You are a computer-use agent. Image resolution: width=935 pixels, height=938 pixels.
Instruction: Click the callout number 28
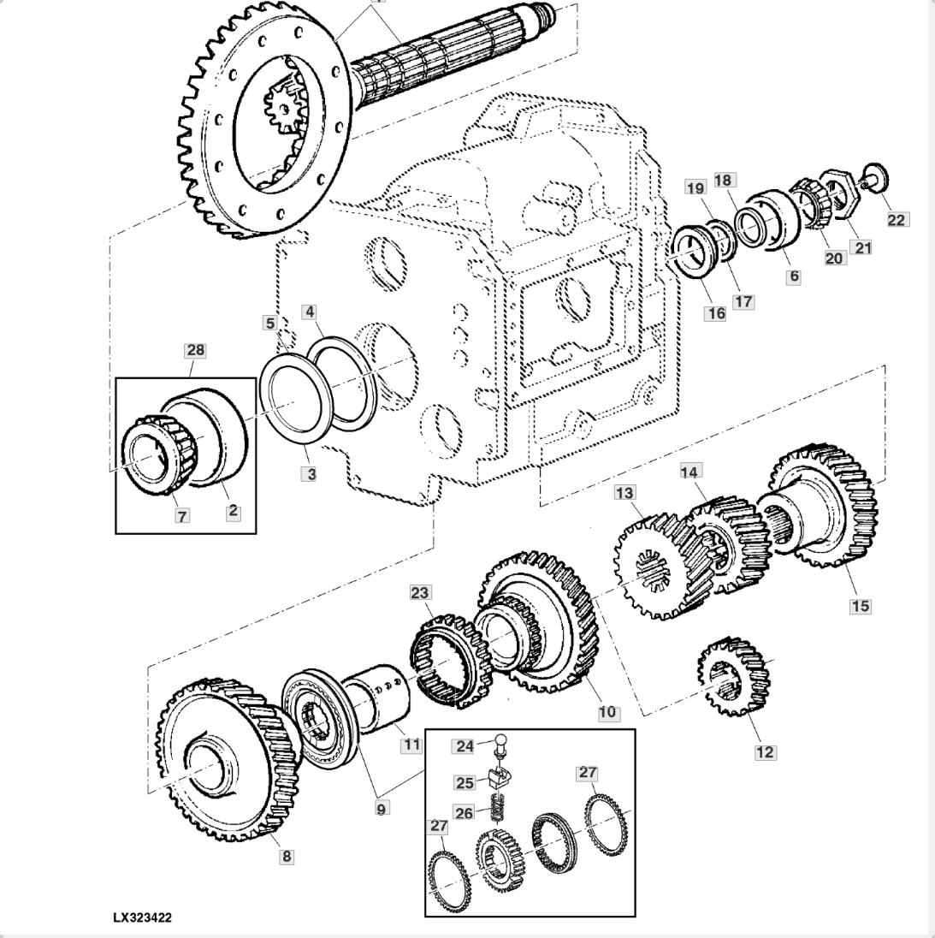click(196, 350)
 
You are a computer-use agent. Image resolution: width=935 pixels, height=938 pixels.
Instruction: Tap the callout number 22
click(897, 220)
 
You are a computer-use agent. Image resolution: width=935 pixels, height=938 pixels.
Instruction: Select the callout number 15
click(860, 606)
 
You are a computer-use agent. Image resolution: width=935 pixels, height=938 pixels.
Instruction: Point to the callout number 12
click(766, 752)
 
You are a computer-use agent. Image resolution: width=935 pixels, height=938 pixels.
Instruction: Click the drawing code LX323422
click(142, 917)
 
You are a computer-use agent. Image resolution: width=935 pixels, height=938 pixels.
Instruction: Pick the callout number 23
click(420, 592)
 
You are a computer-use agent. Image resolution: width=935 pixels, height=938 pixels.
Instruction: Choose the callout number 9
click(381, 808)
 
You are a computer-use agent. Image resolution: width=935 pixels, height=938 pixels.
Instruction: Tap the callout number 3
click(311, 474)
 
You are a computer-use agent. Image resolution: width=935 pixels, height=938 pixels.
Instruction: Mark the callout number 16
click(716, 313)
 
